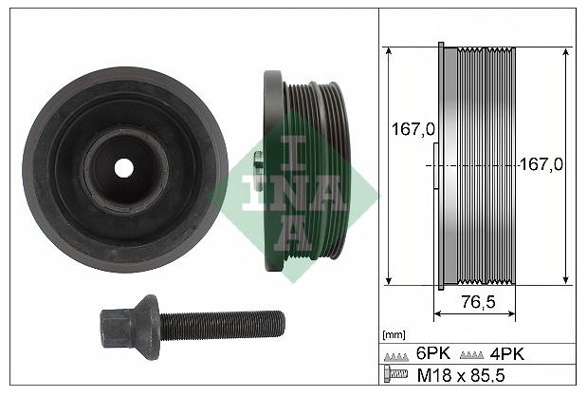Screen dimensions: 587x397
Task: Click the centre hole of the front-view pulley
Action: [124, 168]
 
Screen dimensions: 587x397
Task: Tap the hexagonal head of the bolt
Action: [113, 328]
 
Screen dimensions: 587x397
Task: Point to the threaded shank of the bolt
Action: [222, 325]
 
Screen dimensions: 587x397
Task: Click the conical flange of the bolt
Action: [147, 327]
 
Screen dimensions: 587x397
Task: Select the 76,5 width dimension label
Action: [479, 301]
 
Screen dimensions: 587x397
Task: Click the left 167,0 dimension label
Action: [413, 129]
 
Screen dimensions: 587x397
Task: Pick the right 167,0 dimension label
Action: [541, 164]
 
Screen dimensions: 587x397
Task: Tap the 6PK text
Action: [433, 353]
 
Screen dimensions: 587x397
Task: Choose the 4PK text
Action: [507, 353]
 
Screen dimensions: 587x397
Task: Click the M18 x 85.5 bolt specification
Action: [461, 375]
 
